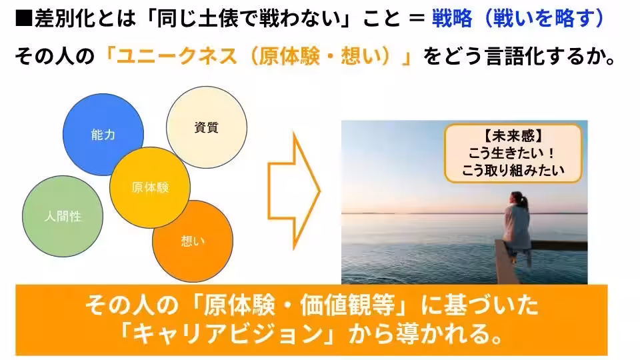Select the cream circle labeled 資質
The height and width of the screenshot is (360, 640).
coord(206,127)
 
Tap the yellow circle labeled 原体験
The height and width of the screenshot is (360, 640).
coord(150,187)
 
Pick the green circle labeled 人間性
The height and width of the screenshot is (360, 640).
coord(63,216)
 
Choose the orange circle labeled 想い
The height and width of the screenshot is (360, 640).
coord(193,241)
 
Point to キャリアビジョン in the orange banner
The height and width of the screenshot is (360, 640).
coord(220,333)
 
